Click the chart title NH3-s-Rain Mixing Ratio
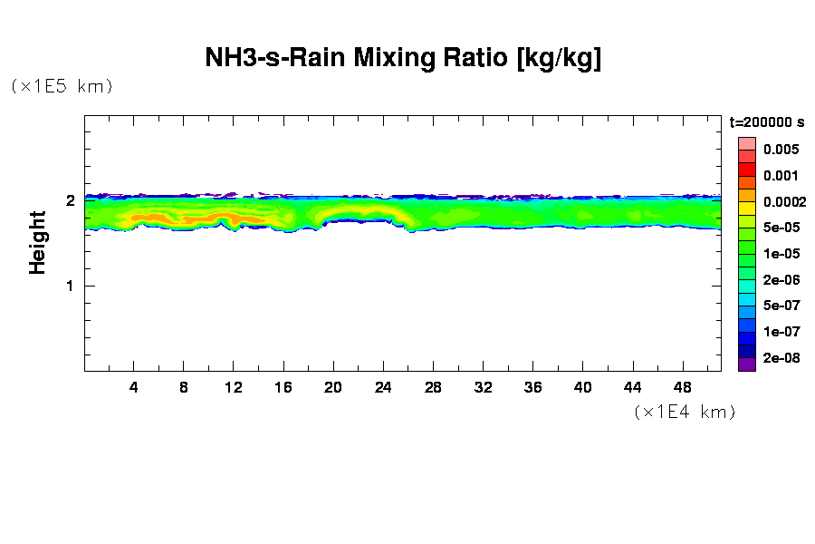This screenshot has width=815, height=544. point(403,59)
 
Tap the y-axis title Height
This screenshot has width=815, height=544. point(37,242)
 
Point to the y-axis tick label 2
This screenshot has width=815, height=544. point(70,201)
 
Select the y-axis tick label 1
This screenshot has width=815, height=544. point(70,286)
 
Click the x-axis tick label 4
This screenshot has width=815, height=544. point(134,387)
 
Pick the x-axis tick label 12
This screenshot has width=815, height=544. point(234,387)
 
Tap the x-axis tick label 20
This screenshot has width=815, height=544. point(333,387)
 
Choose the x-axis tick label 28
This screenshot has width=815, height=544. point(433,387)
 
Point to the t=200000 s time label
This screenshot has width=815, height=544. point(767,121)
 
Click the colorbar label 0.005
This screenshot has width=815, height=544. point(780,150)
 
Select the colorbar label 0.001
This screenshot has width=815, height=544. point(780,176)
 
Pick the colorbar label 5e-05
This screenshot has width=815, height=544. point(780,228)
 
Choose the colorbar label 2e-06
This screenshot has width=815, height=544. point(780,280)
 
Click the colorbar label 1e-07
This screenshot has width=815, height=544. point(780,332)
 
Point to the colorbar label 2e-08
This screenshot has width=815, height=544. point(780,358)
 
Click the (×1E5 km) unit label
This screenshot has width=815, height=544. point(61,86)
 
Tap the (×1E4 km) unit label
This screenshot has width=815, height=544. point(684,412)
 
